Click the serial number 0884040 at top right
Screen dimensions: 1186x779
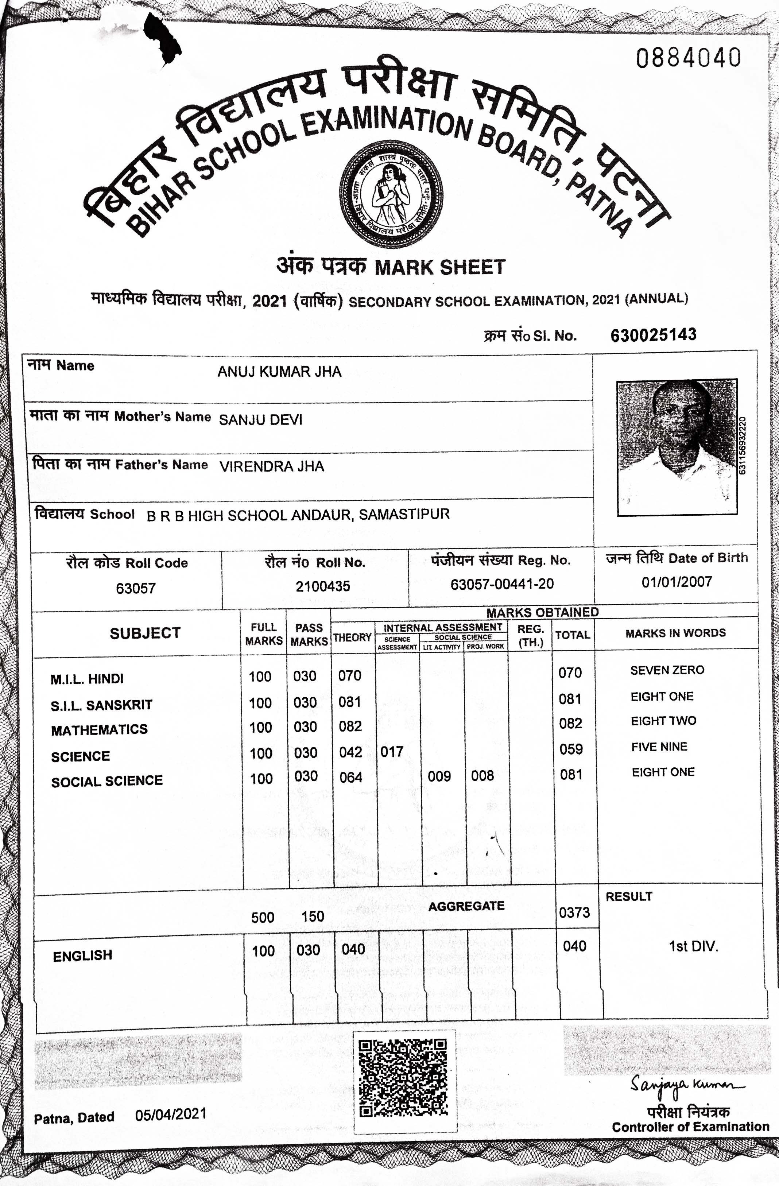click(688, 58)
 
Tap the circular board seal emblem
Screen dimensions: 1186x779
click(391, 194)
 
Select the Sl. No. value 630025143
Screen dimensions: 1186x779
click(654, 335)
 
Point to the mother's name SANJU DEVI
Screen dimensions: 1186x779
click(261, 419)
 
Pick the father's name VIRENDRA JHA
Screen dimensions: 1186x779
click(272, 466)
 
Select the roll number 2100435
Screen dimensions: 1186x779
click(322, 586)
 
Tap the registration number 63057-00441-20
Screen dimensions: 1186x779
click(502, 584)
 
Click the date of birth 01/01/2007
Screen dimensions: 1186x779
click(676, 582)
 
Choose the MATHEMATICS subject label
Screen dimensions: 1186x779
click(99, 729)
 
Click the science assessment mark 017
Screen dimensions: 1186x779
click(392, 752)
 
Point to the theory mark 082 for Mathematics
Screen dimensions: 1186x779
click(350, 726)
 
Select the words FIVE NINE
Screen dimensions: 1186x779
click(659, 747)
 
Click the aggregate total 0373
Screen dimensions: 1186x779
click(574, 912)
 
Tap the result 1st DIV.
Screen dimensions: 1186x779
click(693, 946)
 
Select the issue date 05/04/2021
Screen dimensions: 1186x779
click(170, 1114)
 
